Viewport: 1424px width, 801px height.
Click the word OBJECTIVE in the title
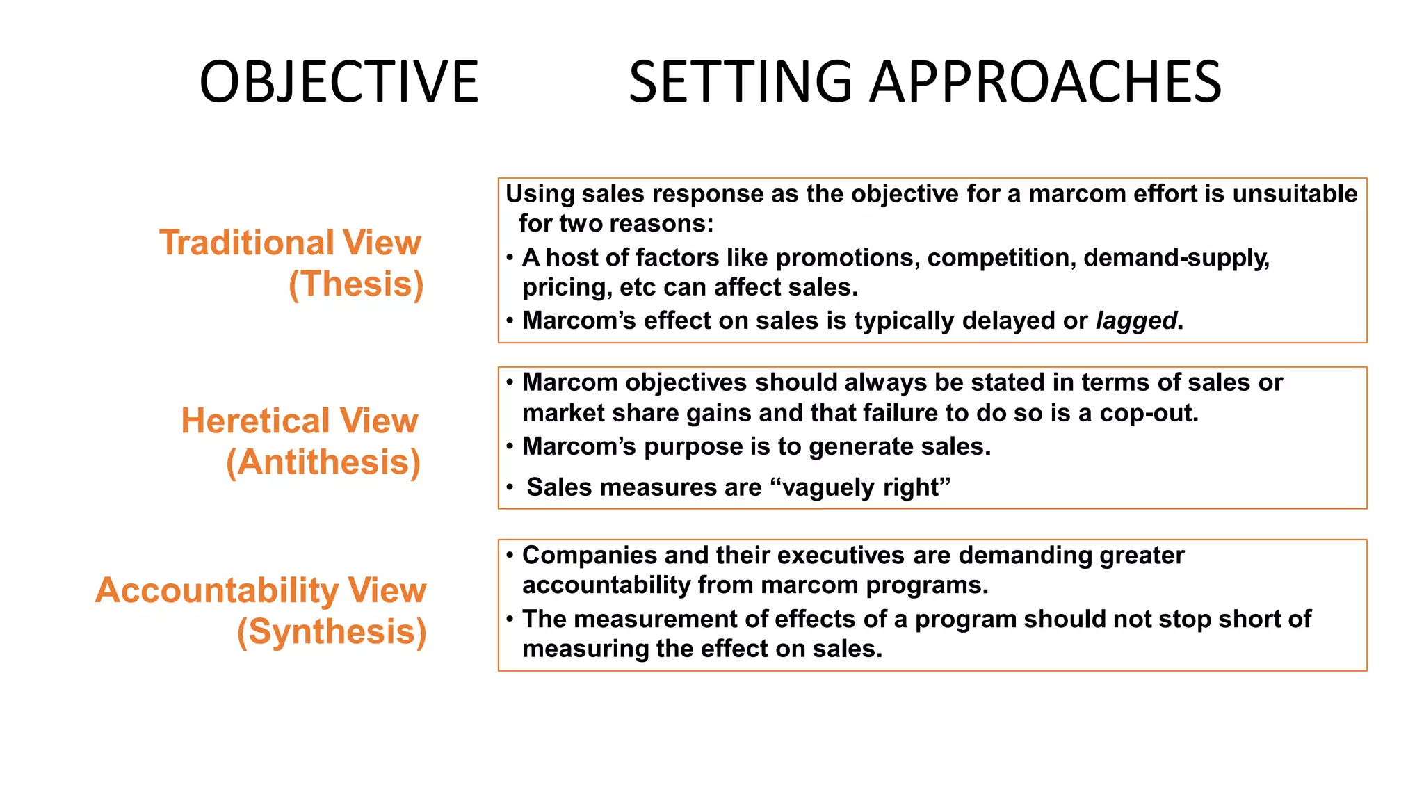pyautogui.click(x=339, y=82)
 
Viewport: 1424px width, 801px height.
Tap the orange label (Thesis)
pyautogui.click(x=356, y=284)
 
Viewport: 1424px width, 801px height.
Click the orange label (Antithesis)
pyautogui.click(x=323, y=462)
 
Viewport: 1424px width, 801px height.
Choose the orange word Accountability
pyautogui.click(x=216, y=590)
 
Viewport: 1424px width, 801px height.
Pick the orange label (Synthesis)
pyautogui.click(x=331, y=632)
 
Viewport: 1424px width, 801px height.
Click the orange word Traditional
pyautogui.click(x=247, y=243)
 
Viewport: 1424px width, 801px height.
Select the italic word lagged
pyautogui.click(x=1135, y=321)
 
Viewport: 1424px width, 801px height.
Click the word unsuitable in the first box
pyautogui.click(x=1294, y=193)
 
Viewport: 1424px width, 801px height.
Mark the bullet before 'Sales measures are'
pyautogui.click(x=510, y=487)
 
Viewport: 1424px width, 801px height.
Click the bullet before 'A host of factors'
pyautogui.click(x=510, y=258)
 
